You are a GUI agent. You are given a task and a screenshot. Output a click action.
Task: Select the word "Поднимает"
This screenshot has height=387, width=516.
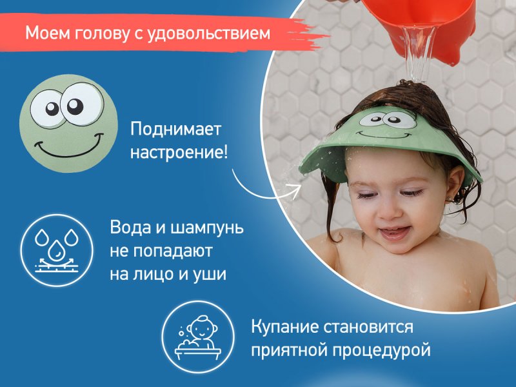[x=175, y=129]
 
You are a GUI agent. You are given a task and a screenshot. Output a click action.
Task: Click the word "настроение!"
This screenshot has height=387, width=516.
[x=179, y=153]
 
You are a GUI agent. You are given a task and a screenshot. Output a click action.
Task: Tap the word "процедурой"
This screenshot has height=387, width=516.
[x=381, y=350]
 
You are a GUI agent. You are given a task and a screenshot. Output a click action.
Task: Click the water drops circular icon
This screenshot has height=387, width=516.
[x=57, y=250]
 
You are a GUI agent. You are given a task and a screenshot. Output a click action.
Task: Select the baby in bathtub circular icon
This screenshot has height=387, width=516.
[x=198, y=337]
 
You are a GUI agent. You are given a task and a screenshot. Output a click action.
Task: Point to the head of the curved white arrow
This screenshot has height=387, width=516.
[x=295, y=190]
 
